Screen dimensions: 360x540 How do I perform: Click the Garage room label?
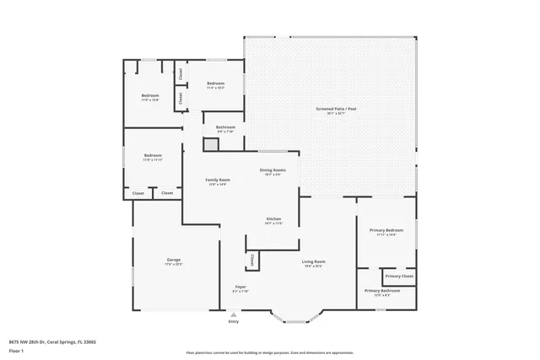click(173, 259)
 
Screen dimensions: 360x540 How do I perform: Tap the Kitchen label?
click(273, 218)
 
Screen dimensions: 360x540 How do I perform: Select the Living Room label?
click(315, 261)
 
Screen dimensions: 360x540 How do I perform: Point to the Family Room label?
click(218, 180)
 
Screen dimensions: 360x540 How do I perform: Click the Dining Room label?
click(273, 170)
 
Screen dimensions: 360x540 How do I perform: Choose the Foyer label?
click(240, 287)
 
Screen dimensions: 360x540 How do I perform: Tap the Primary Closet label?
click(399, 276)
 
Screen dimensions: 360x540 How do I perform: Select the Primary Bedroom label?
click(386, 229)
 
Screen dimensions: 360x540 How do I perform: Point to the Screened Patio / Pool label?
click(331, 109)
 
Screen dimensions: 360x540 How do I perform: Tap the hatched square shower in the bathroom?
click(210, 144)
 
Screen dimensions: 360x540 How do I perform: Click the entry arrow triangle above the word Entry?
click(234, 314)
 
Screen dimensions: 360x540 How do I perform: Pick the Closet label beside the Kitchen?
click(251, 260)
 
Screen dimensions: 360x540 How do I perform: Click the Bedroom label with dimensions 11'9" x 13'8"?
click(150, 95)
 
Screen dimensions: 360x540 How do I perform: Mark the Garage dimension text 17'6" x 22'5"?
click(173, 264)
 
